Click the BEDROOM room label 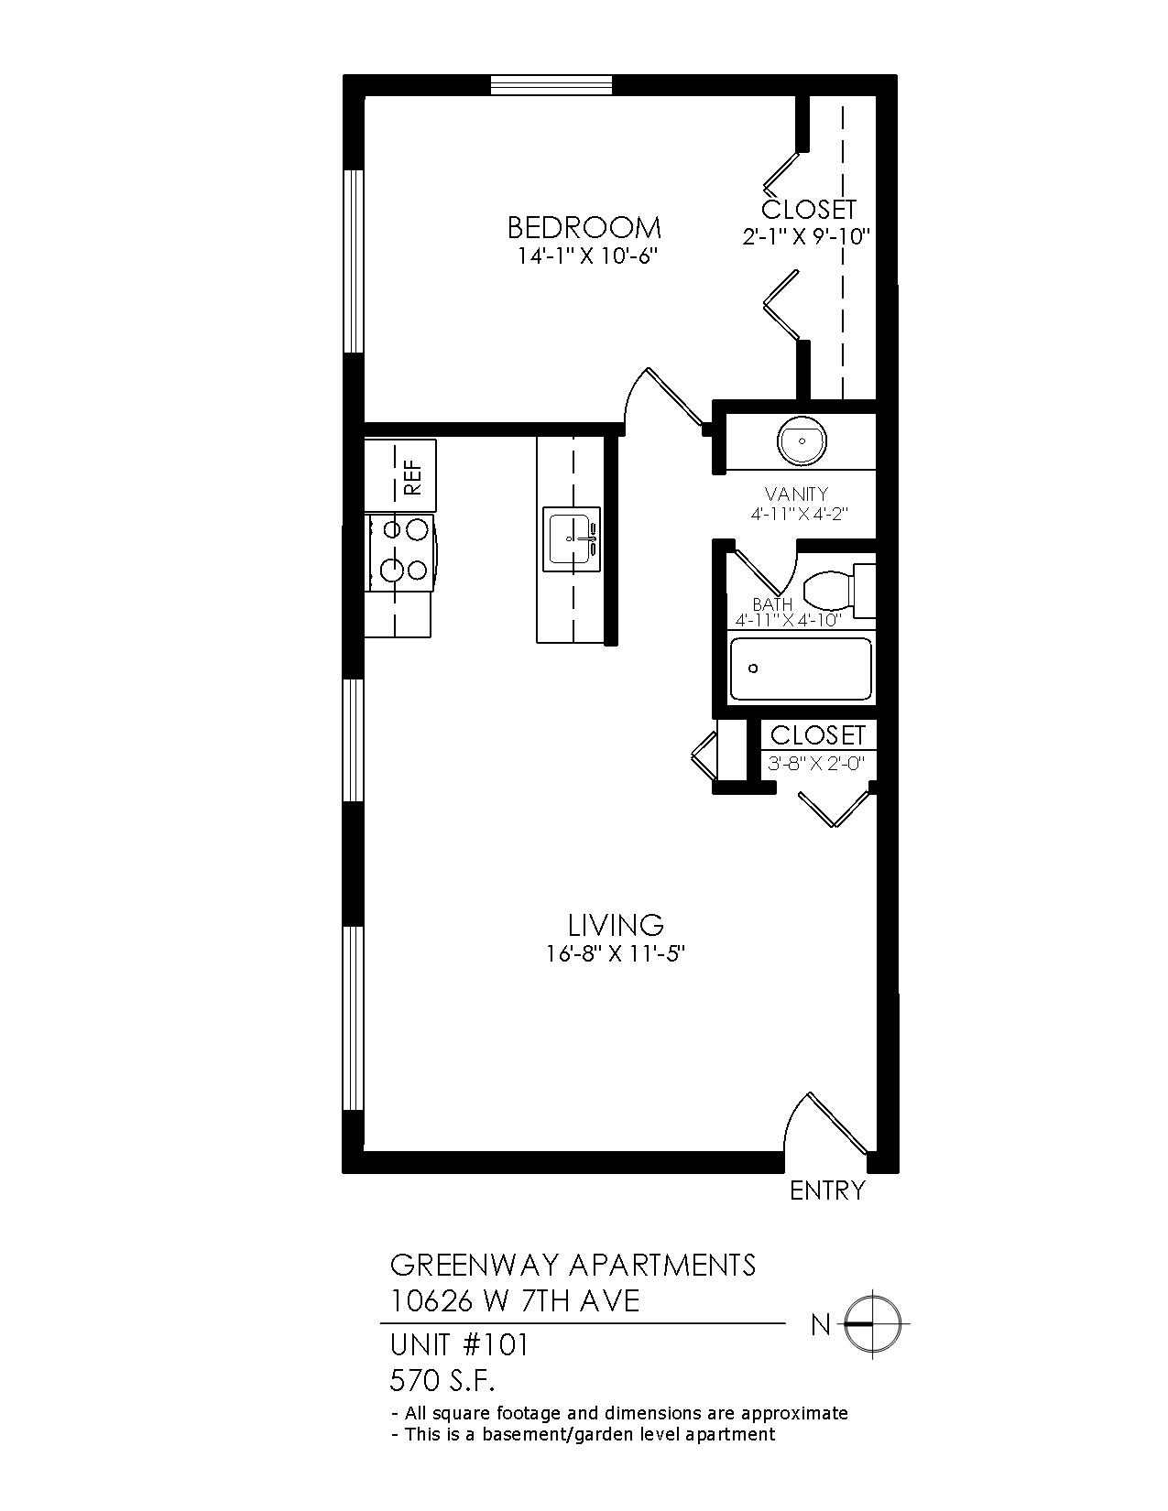[584, 227]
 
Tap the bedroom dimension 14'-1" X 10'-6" [587, 256]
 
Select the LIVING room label [616, 925]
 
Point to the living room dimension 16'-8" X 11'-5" [616, 955]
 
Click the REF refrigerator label [412, 476]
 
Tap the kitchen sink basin [574, 538]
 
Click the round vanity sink [802, 440]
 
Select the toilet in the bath [838, 591]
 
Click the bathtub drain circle [752, 669]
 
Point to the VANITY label [796, 495]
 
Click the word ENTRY [827, 1191]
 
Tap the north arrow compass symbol [872, 1325]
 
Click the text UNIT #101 [459, 1345]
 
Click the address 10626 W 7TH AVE [515, 1301]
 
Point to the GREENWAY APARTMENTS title [573, 1265]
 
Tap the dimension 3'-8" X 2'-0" [815, 764]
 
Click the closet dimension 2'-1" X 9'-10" [806, 237]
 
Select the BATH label [772, 605]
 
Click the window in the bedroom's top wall [551, 84]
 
